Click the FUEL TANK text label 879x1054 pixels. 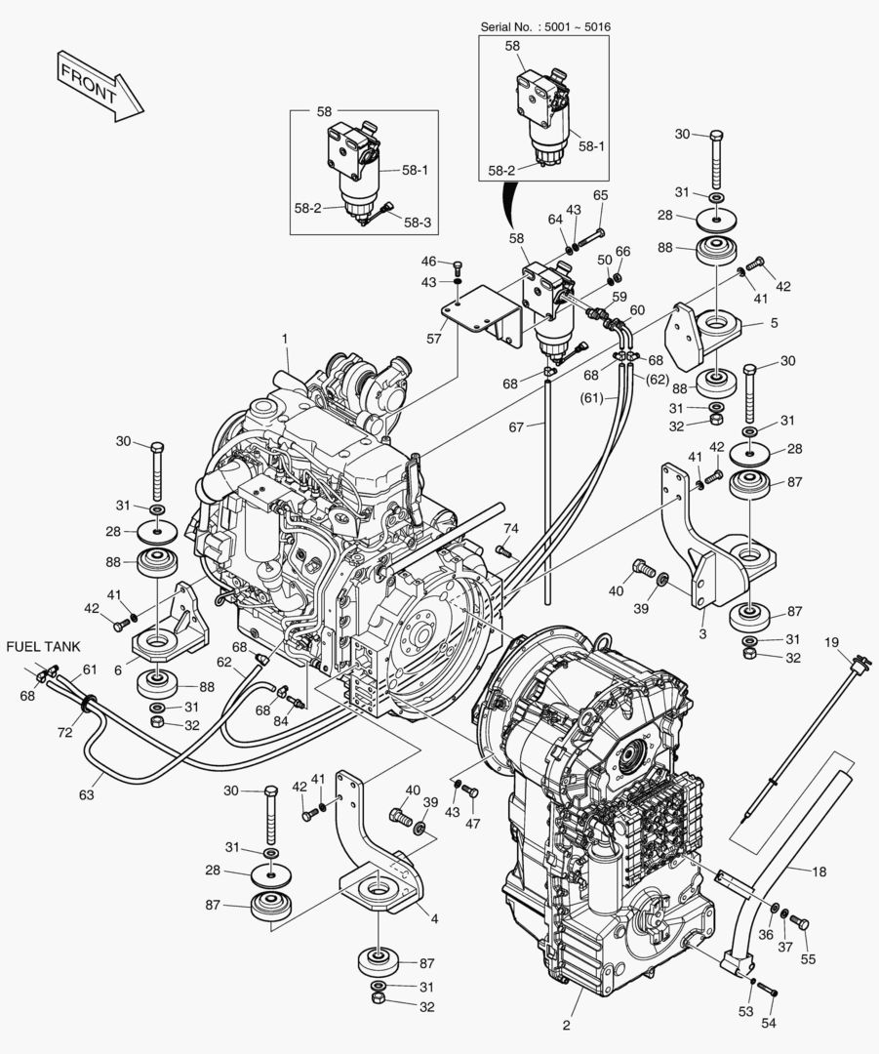click(44, 646)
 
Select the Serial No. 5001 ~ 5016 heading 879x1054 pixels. click(543, 25)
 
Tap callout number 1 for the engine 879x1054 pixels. click(285, 338)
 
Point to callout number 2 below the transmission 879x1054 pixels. click(566, 1025)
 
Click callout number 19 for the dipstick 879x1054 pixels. click(831, 642)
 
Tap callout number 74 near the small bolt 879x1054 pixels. click(510, 528)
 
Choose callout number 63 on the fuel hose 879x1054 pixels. click(86, 795)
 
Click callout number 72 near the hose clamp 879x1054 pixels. click(65, 731)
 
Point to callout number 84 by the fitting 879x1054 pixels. click(282, 721)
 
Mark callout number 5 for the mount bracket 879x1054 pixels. click(773, 323)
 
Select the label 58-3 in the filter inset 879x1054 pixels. click(418, 223)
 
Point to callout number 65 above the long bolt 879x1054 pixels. click(600, 195)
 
